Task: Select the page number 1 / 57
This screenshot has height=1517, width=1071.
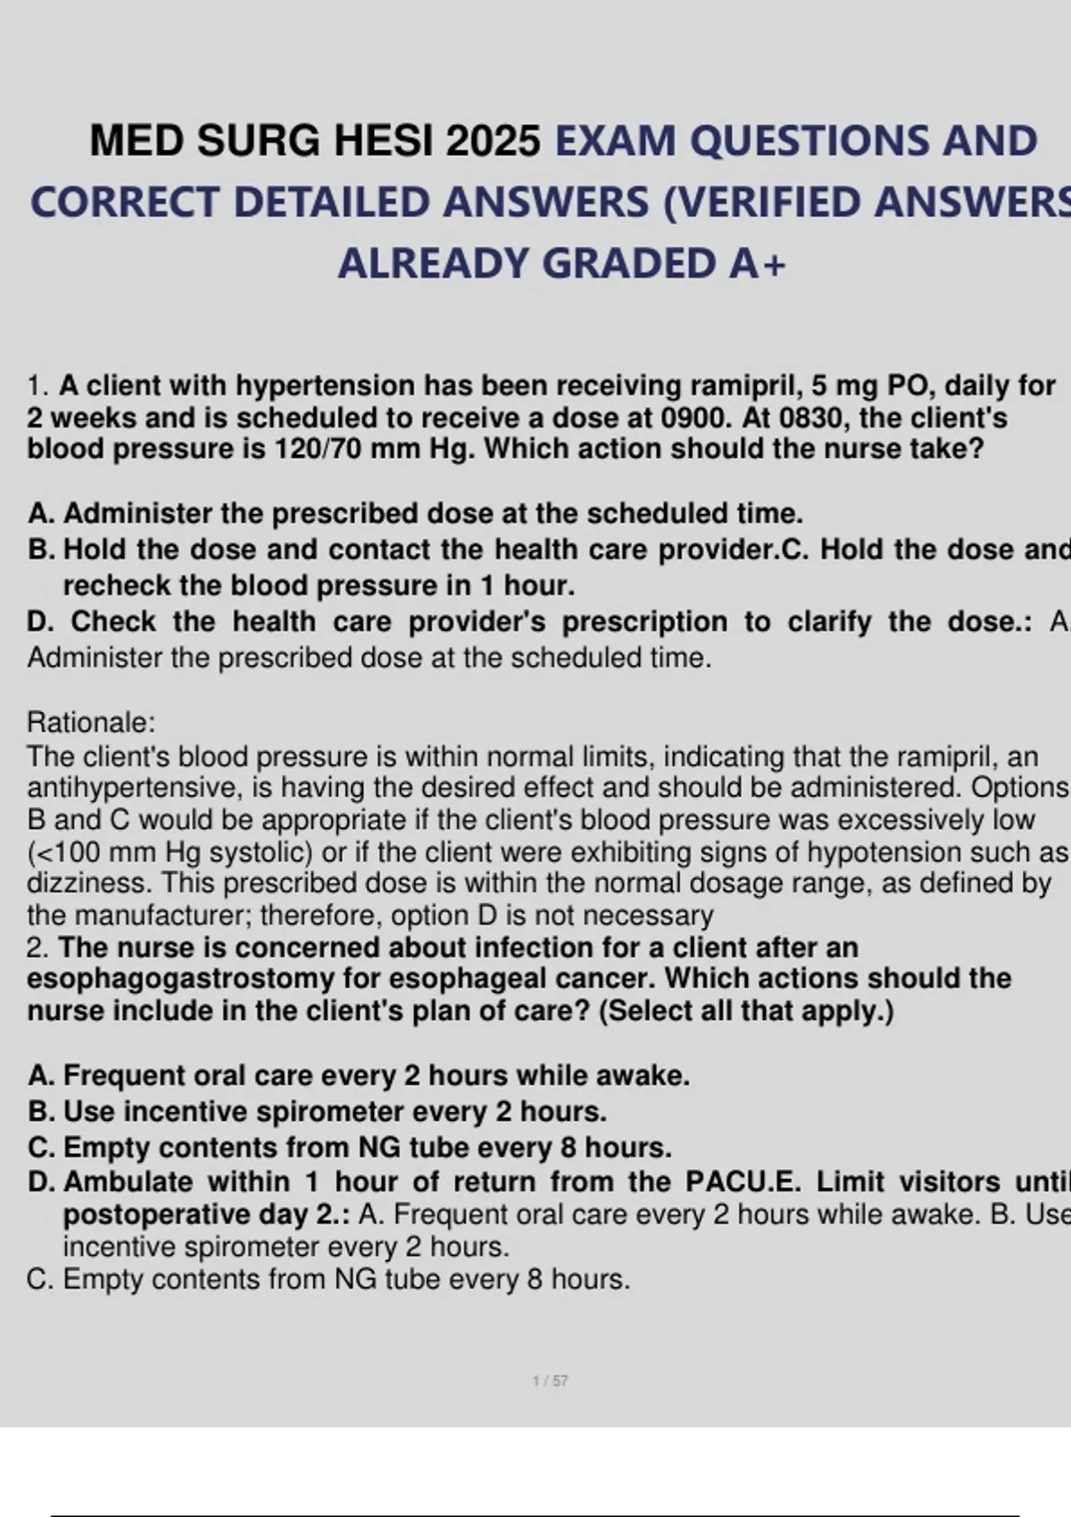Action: point(550,1381)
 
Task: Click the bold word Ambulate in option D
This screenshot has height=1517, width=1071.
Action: point(128,1181)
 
